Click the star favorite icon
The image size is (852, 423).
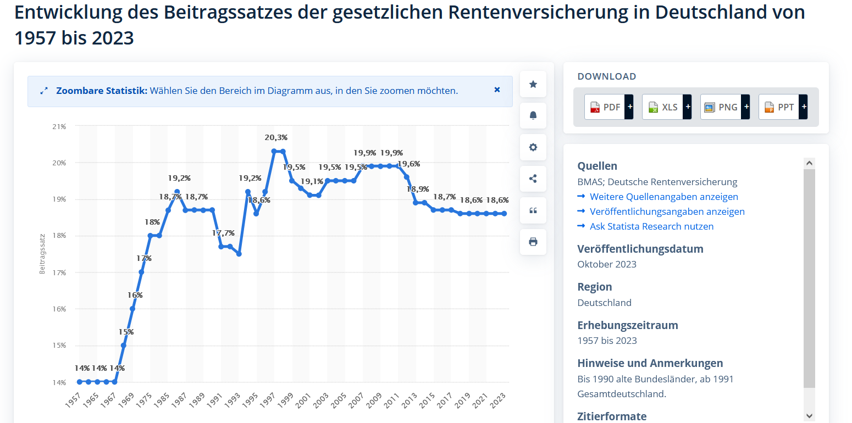[x=533, y=84]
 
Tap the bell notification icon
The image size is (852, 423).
[x=533, y=115]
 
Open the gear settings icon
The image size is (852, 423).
[x=533, y=147]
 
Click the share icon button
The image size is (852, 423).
[x=533, y=179]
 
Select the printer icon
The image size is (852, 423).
[x=533, y=242]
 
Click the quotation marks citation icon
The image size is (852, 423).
[x=533, y=210]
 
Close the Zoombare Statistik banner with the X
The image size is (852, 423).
[x=497, y=90]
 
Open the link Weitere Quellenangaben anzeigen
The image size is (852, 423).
[x=663, y=197]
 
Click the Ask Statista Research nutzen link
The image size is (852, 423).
[x=651, y=226]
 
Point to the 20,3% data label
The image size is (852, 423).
[x=276, y=137]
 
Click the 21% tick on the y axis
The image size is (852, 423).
[x=59, y=126]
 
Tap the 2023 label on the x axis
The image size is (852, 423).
[x=497, y=399]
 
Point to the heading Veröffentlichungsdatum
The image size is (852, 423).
[x=640, y=249]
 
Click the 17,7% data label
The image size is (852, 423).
[x=223, y=233]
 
